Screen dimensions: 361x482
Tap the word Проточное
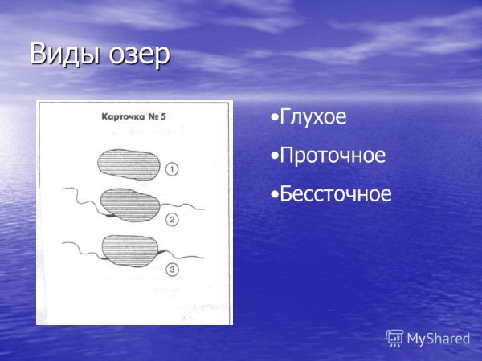coord(333,156)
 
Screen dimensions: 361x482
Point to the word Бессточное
coord(336,193)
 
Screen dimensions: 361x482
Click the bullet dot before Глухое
coord(274,119)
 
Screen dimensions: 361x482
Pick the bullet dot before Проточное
coord(274,156)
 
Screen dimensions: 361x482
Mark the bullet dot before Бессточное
coord(274,194)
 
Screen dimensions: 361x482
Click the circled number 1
coord(173,169)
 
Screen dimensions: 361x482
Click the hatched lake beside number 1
coord(129,164)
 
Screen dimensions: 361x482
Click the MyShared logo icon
coord(394,338)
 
